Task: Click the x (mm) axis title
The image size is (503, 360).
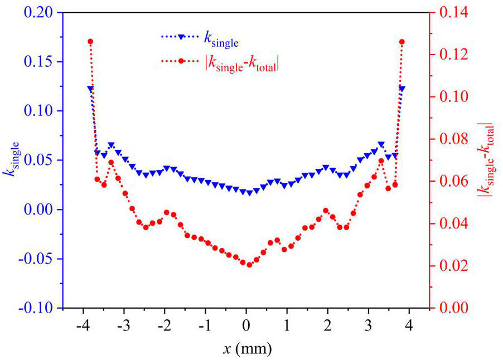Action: (x=246, y=349)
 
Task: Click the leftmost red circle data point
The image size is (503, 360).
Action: (x=90, y=42)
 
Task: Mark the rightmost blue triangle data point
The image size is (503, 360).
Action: (x=402, y=89)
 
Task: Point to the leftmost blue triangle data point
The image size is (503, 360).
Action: (x=90, y=89)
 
